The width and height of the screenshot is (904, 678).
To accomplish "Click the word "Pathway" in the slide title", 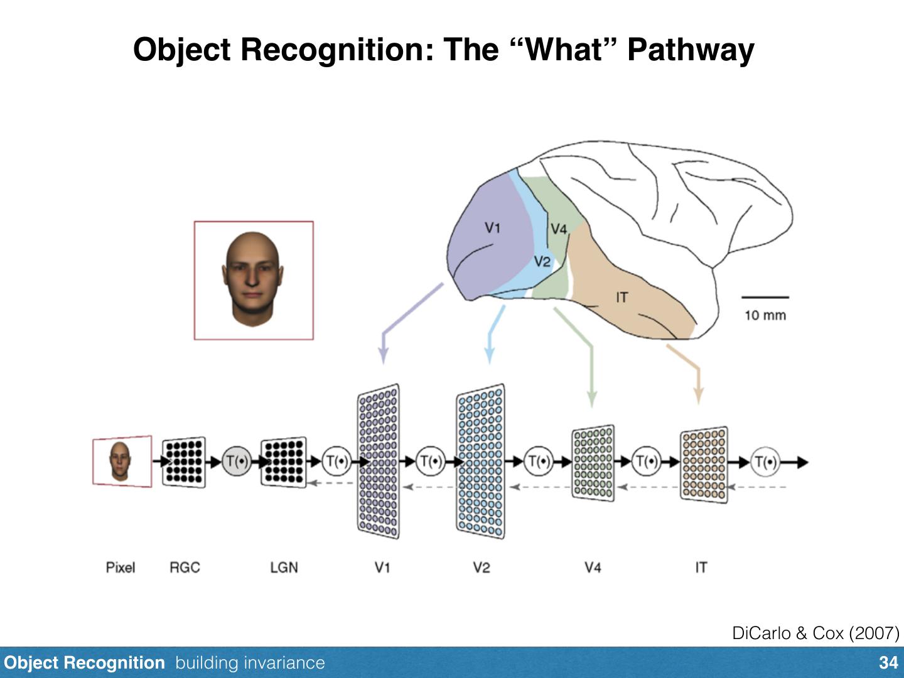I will [x=691, y=49].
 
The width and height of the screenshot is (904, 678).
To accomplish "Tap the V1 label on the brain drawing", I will [x=493, y=227].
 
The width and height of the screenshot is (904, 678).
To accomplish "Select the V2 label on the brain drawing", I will [x=542, y=261].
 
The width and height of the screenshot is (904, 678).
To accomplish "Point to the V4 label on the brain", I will [x=558, y=229].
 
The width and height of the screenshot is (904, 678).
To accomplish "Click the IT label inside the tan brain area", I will [x=621, y=298].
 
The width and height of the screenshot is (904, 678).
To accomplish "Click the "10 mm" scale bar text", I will [x=765, y=315].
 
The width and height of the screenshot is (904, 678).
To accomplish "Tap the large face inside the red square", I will [x=253, y=279].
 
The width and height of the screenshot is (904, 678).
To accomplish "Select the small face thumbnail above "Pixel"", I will [x=121, y=461].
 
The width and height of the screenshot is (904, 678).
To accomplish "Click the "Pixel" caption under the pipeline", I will [x=121, y=568].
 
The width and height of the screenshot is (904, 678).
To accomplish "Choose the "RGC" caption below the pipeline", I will [x=185, y=568].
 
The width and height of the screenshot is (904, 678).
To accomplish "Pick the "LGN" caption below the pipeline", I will [x=284, y=568].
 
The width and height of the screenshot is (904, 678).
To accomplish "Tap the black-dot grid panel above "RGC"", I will [x=184, y=462].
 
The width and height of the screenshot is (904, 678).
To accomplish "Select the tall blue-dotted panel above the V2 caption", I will [x=481, y=462].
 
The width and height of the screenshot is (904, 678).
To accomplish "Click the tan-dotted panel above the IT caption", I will [x=704, y=465].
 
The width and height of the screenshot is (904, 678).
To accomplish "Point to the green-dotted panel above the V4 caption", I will [x=593, y=463].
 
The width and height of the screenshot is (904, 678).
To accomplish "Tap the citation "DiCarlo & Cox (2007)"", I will [x=815, y=633].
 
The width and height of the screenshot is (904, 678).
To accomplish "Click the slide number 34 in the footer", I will [x=888, y=663].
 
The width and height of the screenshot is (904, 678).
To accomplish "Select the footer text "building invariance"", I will [x=250, y=663].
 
